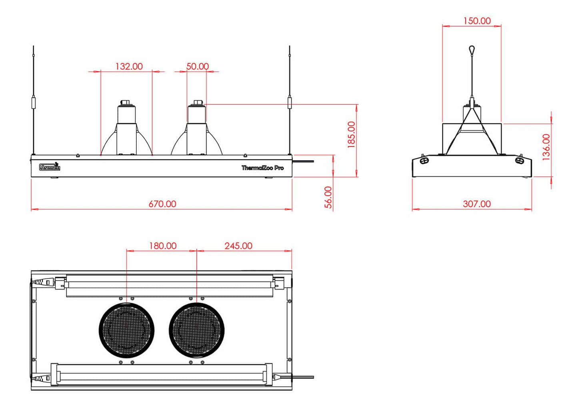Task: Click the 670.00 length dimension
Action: coord(162,204)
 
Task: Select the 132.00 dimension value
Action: coord(129,66)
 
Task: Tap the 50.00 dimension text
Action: coord(198,66)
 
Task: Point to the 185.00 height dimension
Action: coord(351,135)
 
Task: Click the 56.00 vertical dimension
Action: coord(328,197)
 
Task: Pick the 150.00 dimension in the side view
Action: coord(477,21)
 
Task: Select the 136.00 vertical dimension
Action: coord(546,147)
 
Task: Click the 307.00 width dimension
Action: coord(477,204)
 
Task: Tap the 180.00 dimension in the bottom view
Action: coord(163,246)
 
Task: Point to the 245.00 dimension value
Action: coord(238,246)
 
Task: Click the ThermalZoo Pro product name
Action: coord(262,168)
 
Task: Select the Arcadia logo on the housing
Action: coord(50,167)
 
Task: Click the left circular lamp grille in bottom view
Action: coord(126,330)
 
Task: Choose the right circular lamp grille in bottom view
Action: coord(197,330)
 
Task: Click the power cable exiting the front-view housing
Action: coord(304,162)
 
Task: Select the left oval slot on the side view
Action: coord(425,160)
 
